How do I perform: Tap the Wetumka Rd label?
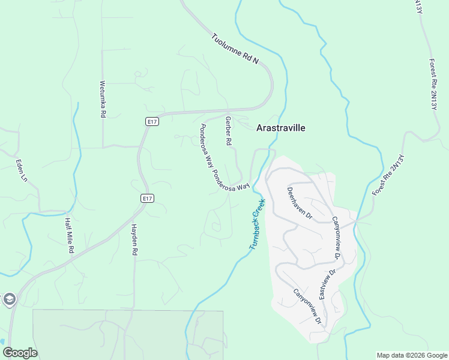click(x=103, y=99)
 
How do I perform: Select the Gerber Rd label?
click(x=228, y=131)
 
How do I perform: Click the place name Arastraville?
click(x=281, y=128)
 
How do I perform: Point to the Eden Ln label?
click(x=22, y=170)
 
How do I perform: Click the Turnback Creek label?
click(x=258, y=224)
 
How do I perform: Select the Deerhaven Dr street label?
click(x=300, y=202)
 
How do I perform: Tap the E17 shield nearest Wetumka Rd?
click(x=152, y=122)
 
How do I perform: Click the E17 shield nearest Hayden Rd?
click(x=147, y=198)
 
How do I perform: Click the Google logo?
click(x=19, y=353)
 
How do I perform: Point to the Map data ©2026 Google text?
click(x=412, y=355)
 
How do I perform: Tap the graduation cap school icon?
click(x=9, y=299)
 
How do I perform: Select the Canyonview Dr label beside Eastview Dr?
click(x=336, y=238)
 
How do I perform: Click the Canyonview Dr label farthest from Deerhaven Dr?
click(x=308, y=307)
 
